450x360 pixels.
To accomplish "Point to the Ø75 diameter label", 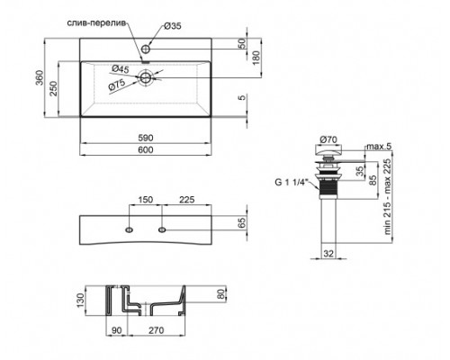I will pos(117,85).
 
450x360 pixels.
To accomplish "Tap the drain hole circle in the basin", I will pos(143,78).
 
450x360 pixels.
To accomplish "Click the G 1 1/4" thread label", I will pos(290,184).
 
